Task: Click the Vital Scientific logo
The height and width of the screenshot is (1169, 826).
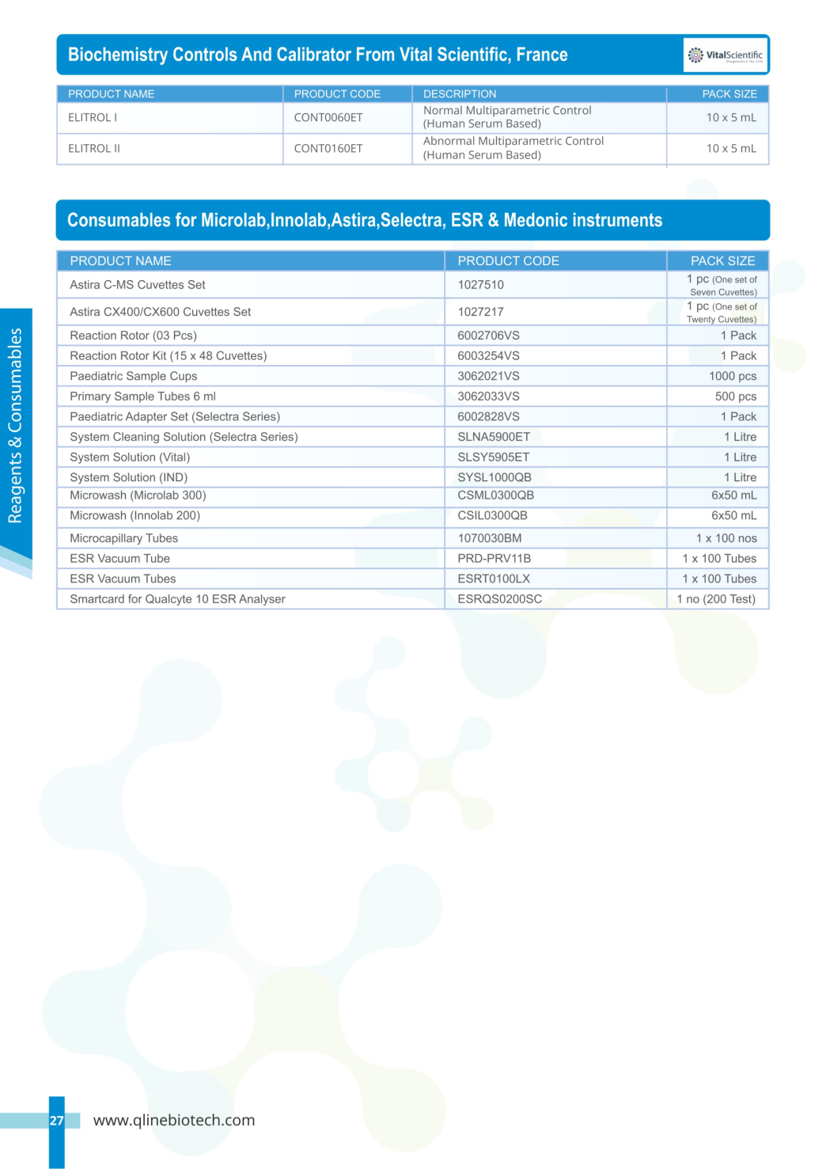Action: point(726,55)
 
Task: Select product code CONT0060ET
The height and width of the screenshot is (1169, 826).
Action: point(328,118)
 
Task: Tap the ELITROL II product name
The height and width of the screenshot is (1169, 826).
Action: point(94,149)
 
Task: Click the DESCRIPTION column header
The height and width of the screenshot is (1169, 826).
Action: point(460,94)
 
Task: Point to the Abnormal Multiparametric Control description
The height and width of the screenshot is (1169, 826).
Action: point(513,148)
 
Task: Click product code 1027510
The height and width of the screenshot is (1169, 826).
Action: point(480,285)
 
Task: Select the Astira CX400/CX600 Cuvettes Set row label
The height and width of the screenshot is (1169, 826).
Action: point(160,312)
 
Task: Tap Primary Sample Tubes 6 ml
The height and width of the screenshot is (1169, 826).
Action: point(142,397)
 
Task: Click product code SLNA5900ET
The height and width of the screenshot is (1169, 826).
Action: point(494,437)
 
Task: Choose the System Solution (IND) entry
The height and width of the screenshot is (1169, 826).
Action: point(128,477)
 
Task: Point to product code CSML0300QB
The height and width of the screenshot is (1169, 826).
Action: point(495,495)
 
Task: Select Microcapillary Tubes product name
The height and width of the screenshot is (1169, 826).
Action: point(123,538)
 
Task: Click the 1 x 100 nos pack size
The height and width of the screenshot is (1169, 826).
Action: point(726,538)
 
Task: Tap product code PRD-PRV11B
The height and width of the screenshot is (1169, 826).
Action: point(494,559)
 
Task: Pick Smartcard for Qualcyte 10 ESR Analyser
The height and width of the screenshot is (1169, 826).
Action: point(177,599)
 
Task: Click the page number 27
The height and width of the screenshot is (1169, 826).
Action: point(56,1121)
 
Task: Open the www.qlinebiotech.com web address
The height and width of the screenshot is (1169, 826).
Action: point(174,1120)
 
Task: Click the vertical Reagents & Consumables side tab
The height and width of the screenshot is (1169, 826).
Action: point(15,426)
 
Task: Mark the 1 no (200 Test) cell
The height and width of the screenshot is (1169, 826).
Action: point(716,599)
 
